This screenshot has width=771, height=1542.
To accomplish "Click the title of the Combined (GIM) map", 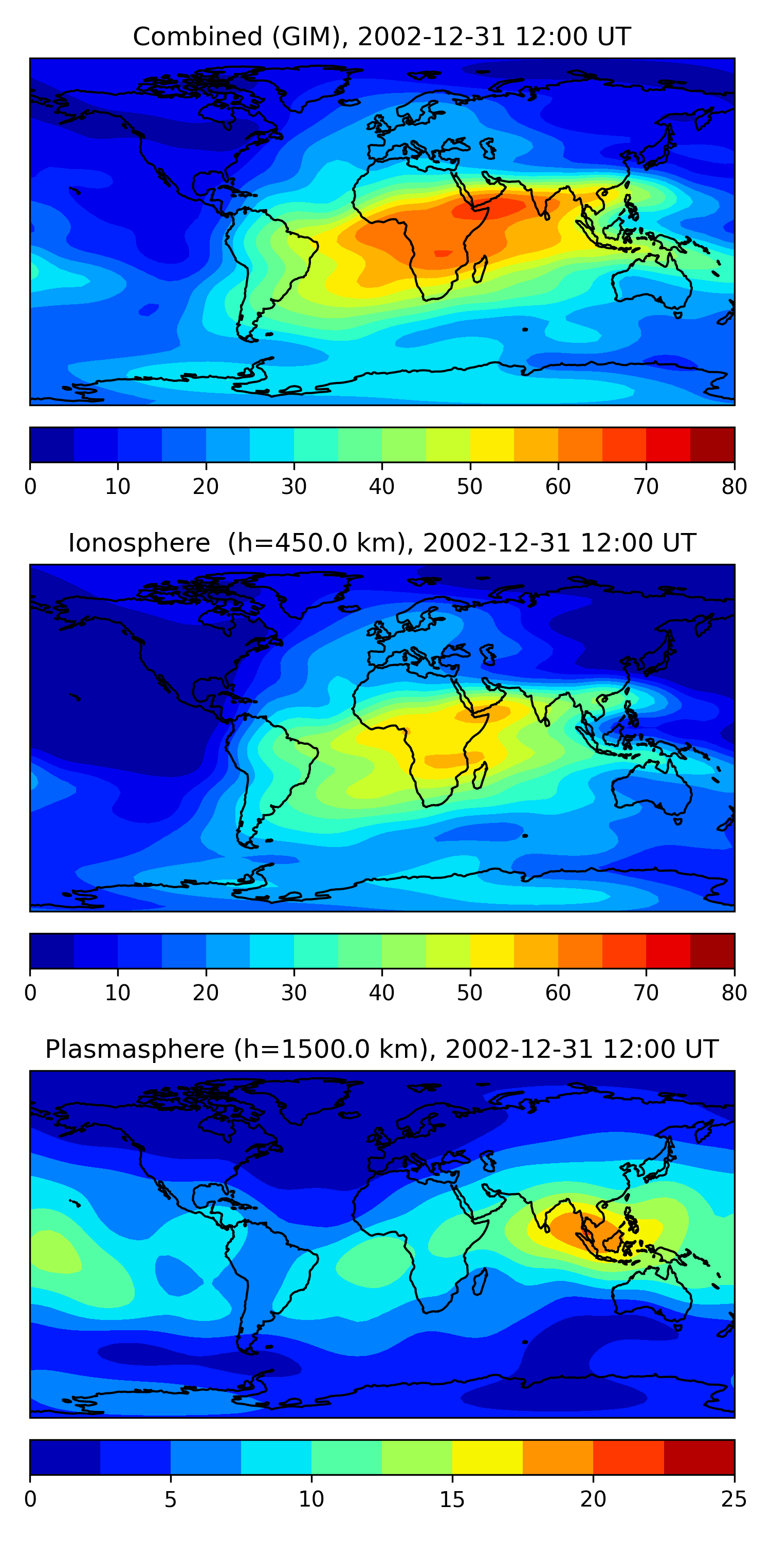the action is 382,36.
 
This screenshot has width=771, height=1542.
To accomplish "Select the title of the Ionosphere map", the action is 382,543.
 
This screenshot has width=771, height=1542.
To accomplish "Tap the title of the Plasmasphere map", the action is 382,1050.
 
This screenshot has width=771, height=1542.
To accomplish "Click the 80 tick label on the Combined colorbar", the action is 734,486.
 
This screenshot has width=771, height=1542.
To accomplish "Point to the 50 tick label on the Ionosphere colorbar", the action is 470,993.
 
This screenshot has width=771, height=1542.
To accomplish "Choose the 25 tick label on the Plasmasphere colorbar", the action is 734,1499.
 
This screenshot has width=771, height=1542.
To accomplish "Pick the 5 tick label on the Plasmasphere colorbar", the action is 171,1499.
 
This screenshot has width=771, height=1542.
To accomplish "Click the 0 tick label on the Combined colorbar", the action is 30,486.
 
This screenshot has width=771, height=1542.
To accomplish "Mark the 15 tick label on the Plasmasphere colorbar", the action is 452,1499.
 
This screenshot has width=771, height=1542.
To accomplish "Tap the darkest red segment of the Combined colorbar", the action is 712,445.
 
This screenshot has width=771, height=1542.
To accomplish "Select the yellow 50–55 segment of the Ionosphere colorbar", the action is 492,951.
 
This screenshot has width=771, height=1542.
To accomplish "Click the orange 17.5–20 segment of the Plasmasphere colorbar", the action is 558,1458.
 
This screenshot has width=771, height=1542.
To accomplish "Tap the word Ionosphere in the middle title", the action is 139,543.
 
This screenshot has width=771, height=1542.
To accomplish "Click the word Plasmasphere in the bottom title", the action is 135,1050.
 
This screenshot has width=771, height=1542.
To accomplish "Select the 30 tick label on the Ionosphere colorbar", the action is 294,993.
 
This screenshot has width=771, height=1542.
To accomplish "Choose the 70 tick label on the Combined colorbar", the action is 646,486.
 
